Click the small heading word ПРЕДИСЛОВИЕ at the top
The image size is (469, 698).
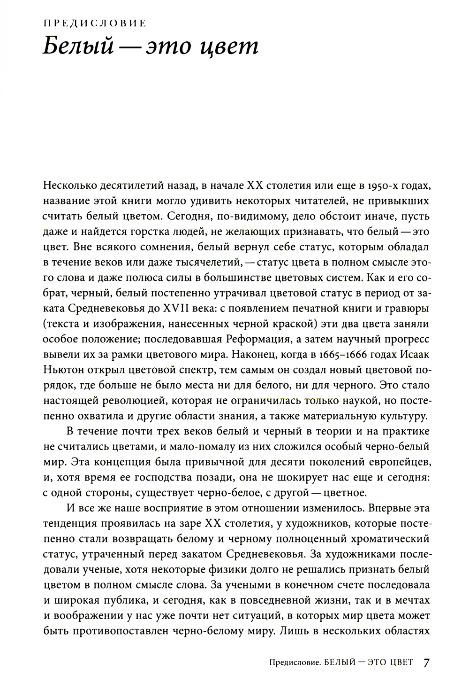click(x=94, y=22)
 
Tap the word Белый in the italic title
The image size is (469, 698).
click(x=78, y=48)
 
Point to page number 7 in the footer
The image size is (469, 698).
click(x=426, y=663)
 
